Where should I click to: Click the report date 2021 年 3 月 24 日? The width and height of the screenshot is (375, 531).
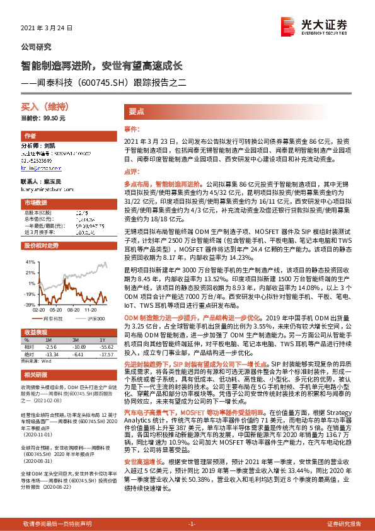(x=48, y=28)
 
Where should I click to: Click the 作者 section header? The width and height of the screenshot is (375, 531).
(x=30, y=136)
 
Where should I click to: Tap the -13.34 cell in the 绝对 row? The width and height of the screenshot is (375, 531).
(x=50, y=354)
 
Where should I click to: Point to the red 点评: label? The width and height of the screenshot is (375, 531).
(x=130, y=171)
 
